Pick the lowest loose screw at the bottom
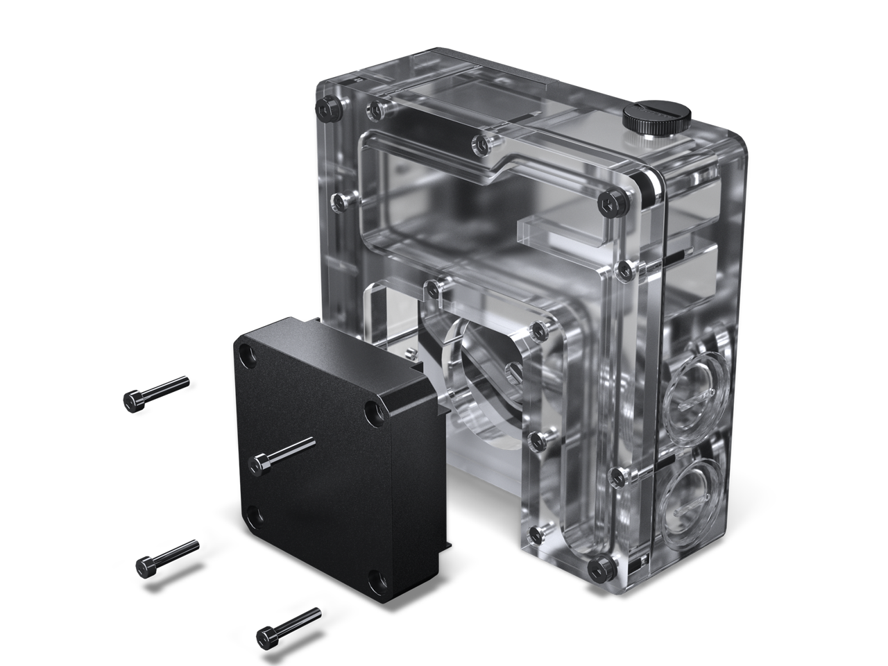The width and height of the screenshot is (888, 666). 288,624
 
